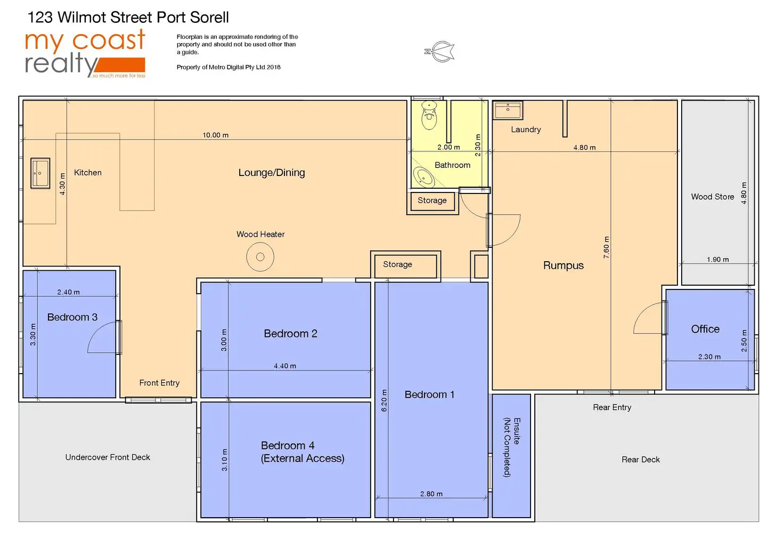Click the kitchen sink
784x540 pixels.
(x=40, y=173)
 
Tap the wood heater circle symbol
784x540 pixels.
(x=260, y=257)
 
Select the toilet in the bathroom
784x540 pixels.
(x=429, y=116)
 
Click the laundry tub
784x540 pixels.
(x=508, y=110)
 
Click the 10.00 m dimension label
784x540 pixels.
(x=215, y=135)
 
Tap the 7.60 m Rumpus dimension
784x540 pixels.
(x=606, y=247)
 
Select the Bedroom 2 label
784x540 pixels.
(x=290, y=334)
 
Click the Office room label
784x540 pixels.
(x=705, y=329)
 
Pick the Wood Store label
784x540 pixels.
(x=712, y=197)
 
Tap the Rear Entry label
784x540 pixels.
(x=612, y=407)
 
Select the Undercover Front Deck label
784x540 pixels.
(x=108, y=457)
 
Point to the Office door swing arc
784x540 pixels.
(x=648, y=319)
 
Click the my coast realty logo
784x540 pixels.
(x=85, y=53)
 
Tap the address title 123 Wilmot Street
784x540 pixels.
(x=128, y=18)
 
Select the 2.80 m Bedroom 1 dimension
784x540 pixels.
(x=431, y=494)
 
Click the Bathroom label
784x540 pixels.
(x=452, y=165)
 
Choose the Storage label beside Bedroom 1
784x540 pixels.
(x=397, y=264)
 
